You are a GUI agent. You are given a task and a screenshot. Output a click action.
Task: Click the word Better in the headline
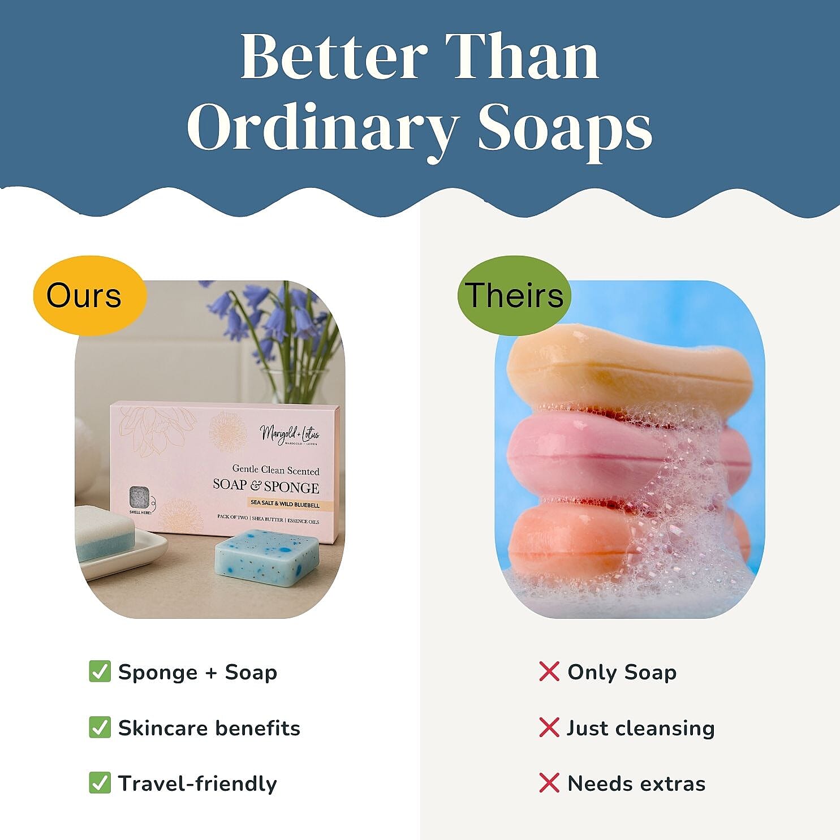click(334, 57)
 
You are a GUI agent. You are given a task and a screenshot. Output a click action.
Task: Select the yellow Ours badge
click(85, 295)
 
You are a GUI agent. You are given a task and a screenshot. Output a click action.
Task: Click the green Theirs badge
click(514, 295)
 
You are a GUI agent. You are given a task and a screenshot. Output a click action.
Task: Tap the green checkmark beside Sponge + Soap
click(100, 671)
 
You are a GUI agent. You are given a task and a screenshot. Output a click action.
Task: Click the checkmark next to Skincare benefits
click(100, 727)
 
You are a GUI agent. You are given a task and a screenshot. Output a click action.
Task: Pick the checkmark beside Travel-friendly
click(100, 783)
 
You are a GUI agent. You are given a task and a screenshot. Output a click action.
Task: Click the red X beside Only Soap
click(549, 671)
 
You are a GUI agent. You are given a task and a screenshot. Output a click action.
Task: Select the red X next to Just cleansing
click(549, 727)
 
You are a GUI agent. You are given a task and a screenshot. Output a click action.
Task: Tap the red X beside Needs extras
click(549, 783)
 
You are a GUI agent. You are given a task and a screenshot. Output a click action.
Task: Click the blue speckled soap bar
click(268, 557)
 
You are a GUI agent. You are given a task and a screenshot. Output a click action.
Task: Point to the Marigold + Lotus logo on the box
click(290, 434)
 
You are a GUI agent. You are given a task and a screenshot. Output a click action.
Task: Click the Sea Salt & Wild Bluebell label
click(285, 503)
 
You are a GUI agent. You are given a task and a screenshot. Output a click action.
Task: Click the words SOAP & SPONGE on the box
click(266, 486)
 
